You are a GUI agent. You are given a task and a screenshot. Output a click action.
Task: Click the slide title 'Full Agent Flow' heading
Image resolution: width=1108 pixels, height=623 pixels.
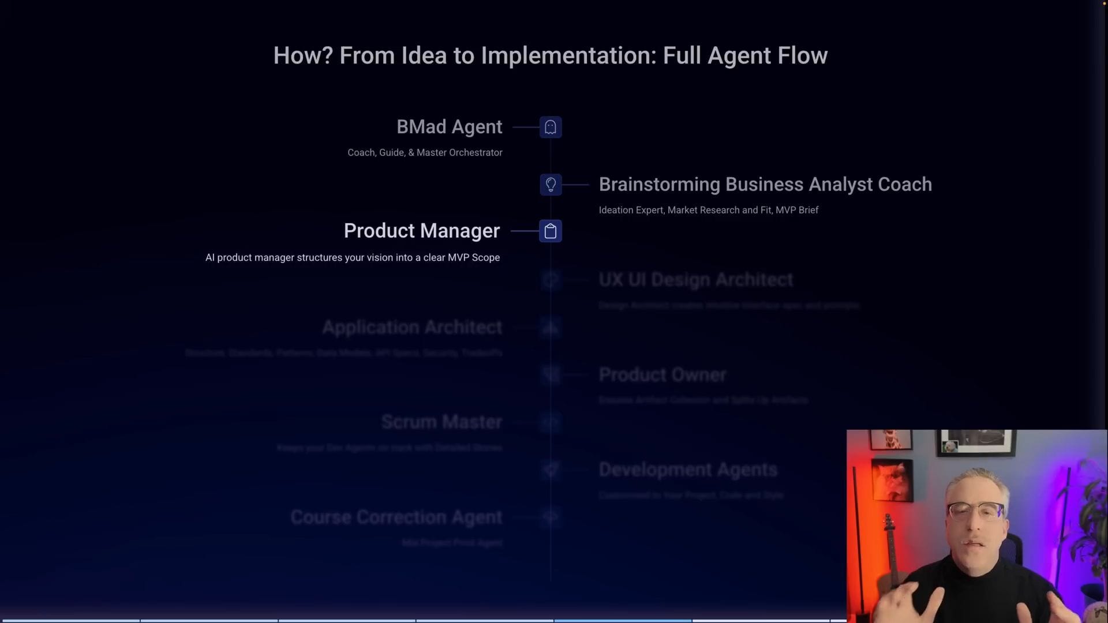click(x=550, y=55)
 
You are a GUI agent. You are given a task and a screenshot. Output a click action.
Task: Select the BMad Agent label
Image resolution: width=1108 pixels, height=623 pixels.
click(x=449, y=127)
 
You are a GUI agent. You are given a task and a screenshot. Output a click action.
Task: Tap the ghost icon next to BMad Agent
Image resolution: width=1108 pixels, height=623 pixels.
click(x=551, y=127)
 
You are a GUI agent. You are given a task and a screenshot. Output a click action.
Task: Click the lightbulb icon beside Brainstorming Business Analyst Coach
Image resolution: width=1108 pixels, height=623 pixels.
click(x=551, y=185)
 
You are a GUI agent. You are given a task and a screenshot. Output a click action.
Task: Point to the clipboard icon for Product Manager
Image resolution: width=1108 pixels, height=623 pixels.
click(x=551, y=231)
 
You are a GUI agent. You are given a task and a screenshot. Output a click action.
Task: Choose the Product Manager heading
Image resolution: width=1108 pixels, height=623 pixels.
click(x=421, y=231)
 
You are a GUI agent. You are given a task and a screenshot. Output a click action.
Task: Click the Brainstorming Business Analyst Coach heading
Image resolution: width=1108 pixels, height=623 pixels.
click(x=765, y=185)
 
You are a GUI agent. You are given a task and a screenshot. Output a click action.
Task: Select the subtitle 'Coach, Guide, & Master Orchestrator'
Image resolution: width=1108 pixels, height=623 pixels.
click(x=425, y=153)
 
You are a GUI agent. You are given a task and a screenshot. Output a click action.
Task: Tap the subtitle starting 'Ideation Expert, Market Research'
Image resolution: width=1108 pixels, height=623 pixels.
click(x=708, y=211)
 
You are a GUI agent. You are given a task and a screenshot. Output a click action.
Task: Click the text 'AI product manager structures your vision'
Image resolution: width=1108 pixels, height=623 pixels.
click(x=352, y=258)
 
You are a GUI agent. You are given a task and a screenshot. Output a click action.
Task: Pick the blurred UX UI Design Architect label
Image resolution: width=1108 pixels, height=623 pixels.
click(x=695, y=280)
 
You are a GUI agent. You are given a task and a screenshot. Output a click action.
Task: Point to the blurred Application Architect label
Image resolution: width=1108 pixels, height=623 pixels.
click(x=412, y=327)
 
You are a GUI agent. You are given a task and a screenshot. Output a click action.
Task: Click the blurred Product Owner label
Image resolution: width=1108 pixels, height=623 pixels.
click(x=662, y=375)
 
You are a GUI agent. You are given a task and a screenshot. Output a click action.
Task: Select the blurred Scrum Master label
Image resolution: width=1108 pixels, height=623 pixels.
click(x=441, y=422)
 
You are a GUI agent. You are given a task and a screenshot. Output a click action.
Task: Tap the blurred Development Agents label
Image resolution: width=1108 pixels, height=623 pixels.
click(x=688, y=470)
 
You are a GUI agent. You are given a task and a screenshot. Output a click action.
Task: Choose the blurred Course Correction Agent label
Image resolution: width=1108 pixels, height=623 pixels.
click(x=396, y=517)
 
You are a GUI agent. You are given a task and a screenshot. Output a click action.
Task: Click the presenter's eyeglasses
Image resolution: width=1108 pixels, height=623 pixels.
click(x=975, y=511)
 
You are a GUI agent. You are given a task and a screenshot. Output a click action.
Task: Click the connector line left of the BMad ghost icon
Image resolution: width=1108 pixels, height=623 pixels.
click(x=525, y=127)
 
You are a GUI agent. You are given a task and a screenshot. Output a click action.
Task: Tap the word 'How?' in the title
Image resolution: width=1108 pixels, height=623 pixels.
click(x=303, y=55)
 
